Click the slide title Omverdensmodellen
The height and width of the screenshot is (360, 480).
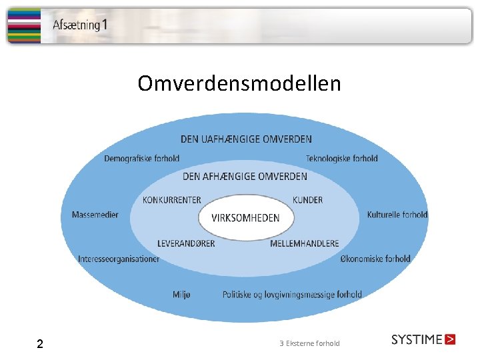point(239,84)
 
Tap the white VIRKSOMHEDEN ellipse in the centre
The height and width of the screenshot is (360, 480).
point(245,217)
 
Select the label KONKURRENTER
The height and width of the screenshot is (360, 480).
point(172,200)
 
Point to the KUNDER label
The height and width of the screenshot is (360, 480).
point(307,200)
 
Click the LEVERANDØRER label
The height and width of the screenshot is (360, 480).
point(186,243)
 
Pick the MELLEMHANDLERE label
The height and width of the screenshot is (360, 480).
point(304,243)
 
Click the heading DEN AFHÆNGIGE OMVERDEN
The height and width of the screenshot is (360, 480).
point(245,177)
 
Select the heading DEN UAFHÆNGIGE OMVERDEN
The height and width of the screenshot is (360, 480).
point(246,139)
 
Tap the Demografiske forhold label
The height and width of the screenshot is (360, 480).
point(141,158)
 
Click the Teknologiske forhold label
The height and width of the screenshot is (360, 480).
point(341,158)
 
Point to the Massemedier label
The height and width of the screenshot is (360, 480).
point(95,215)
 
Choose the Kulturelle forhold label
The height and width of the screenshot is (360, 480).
point(397,215)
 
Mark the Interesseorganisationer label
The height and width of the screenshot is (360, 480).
point(119,259)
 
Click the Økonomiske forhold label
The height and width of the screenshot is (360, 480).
point(375,259)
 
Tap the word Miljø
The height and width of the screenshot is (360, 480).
point(181,294)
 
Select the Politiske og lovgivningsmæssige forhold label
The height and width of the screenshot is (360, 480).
point(292,294)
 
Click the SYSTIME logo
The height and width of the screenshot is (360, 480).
point(423,339)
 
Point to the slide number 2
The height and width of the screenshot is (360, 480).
point(40,344)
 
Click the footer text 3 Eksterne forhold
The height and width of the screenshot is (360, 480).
point(309,343)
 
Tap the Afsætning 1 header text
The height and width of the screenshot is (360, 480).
point(80,26)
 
